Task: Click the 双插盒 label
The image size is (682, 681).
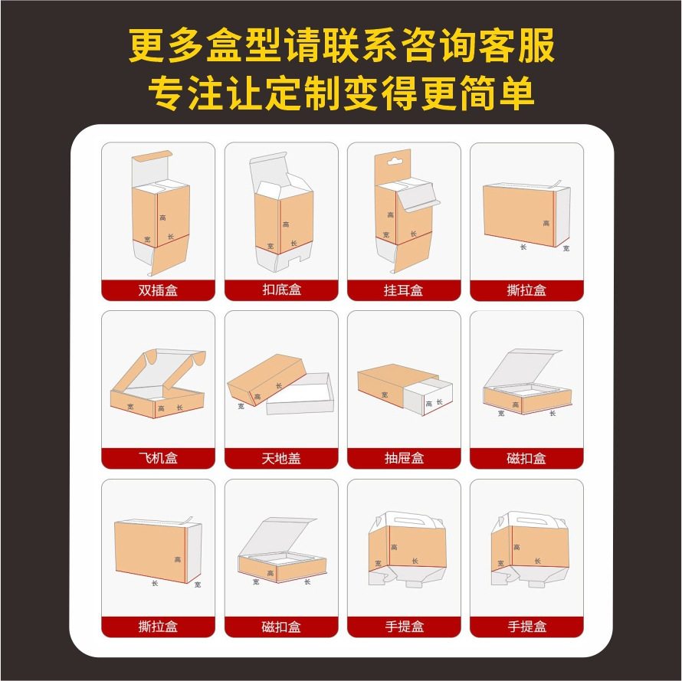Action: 158,290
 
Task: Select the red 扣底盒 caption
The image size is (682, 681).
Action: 281,290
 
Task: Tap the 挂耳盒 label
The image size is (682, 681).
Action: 404,290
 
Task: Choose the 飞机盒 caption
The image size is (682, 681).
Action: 158,458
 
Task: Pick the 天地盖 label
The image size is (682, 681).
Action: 281,458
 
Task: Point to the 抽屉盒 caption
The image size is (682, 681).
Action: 404,458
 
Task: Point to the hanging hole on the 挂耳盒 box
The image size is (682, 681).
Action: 392,162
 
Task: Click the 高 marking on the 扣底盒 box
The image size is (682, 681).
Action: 286,224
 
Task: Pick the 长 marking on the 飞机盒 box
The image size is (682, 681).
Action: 180,408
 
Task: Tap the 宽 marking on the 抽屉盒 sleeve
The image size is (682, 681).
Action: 384,395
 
